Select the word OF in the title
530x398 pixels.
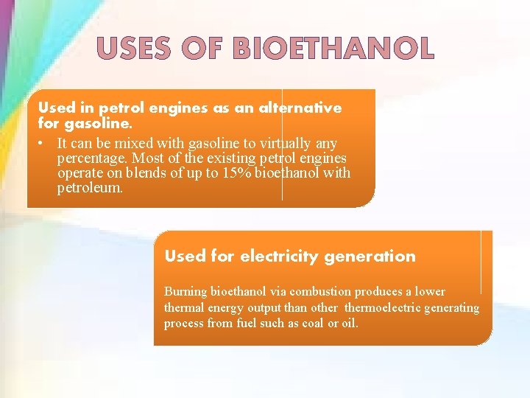click(208, 49)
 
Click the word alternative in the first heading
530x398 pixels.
click(301, 108)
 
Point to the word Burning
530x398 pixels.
click(186, 292)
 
